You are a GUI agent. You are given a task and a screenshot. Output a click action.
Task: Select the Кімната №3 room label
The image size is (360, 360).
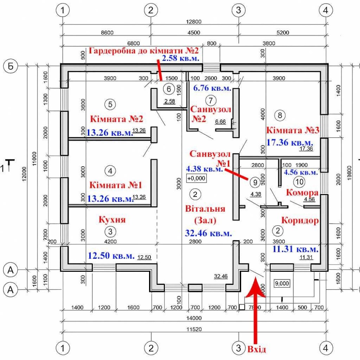coord(293,129)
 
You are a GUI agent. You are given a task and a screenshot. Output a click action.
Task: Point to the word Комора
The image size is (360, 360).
coord(302,192)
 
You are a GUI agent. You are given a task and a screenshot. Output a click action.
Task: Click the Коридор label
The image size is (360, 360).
coord(300,220)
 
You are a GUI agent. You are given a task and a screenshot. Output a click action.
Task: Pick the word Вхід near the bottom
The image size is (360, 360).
coord(257,349)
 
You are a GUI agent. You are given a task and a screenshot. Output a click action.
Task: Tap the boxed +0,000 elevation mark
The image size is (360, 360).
coord(196,178)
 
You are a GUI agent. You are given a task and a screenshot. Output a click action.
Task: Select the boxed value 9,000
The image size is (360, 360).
coord(282,283)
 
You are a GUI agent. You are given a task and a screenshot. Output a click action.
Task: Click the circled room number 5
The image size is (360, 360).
coord(110,104)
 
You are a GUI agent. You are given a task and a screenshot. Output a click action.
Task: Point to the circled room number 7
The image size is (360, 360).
coord(211,99)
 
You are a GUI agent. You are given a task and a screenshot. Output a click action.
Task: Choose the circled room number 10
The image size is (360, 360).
coord(298,181)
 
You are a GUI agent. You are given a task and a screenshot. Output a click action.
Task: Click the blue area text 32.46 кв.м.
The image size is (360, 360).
coord(208,233)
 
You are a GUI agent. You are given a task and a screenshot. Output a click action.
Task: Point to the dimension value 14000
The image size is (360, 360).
coord(194,318)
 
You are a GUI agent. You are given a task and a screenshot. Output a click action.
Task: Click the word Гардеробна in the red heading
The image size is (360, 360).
coord(112,51)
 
